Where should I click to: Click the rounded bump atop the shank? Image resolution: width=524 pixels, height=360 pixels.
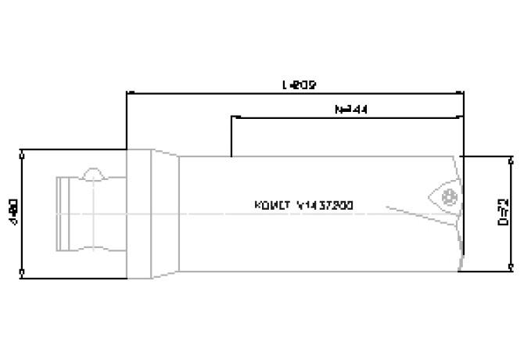point(94,172)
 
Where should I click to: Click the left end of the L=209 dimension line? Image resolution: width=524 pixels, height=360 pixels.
point(127,92)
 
